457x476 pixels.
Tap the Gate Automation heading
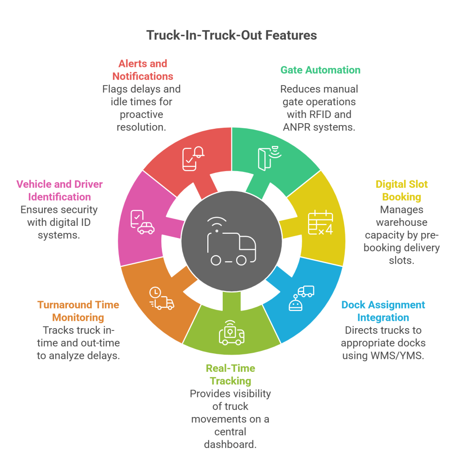coord(320,70)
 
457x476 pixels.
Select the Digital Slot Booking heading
coord(401,191)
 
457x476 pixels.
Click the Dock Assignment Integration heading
coord(383,311)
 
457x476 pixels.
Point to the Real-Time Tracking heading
coord(230,374)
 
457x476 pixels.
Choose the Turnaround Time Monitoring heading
coord(78,311)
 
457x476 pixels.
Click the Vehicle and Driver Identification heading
coord(59,191)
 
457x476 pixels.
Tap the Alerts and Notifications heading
coord(142,70)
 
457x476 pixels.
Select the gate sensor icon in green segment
coord(268,157)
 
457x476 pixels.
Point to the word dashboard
coord(230,444)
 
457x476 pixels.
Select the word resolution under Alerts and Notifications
coord(142,126)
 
